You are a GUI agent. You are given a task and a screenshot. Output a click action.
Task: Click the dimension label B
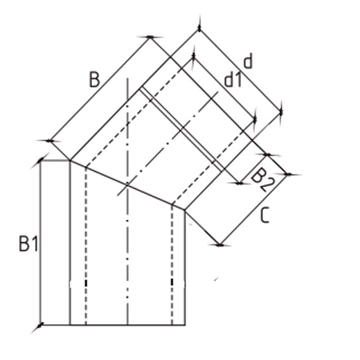(94, 80)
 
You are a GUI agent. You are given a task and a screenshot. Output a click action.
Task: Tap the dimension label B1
(28, 244)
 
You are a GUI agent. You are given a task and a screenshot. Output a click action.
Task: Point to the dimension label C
(264, 215)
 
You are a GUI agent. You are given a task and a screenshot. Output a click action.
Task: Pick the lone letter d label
(248, 61)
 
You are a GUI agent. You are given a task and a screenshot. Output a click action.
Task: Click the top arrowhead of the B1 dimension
(41, 160)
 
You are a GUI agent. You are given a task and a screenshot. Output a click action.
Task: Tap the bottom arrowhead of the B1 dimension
(41, 325)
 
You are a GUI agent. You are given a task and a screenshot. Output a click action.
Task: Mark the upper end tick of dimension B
(150, 37)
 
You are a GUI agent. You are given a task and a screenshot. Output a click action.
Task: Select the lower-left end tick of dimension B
(49, 141)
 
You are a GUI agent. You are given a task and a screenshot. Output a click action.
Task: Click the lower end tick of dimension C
(219, 245)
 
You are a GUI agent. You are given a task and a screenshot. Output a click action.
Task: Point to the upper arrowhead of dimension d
(199, 29)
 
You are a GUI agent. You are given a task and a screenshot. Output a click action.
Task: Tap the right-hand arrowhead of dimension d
(281, 112)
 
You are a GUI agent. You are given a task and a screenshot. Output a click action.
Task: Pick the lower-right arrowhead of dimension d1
(255, 119)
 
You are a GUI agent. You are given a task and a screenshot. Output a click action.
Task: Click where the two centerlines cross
(127, 184)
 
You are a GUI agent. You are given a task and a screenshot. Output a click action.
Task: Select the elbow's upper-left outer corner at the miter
(70, 160)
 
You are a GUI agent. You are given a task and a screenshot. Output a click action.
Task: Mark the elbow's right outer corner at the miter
(185, 210)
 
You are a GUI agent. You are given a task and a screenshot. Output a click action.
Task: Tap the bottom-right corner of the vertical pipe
(185, 325)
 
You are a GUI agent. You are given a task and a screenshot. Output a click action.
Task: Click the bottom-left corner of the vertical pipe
(70, 325)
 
